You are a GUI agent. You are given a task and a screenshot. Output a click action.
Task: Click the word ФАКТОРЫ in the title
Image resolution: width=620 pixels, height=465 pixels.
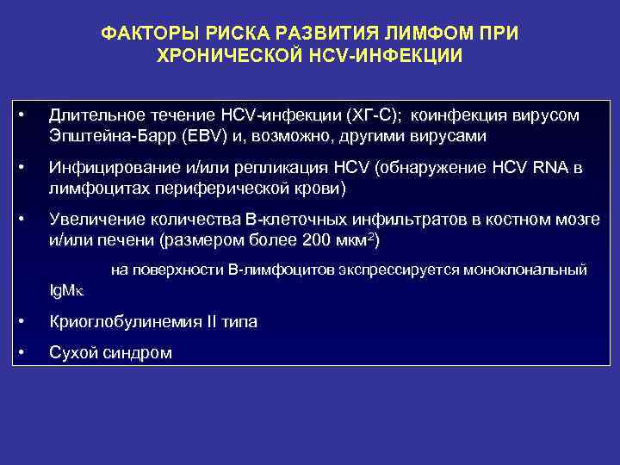143,34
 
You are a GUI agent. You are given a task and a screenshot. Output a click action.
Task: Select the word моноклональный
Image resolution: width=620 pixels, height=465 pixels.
525,270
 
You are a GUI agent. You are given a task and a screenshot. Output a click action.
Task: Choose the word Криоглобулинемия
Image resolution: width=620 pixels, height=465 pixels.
124,322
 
